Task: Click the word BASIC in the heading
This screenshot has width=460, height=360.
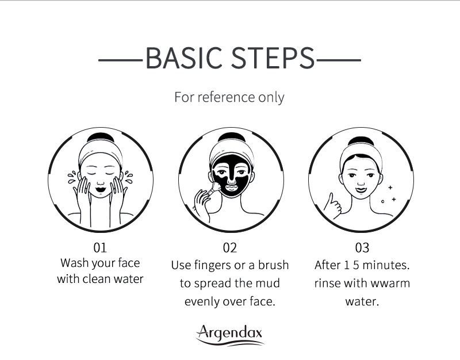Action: (183, 58)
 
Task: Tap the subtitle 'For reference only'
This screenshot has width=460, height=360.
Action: (229, 97)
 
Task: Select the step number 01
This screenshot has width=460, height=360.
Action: (100, 248)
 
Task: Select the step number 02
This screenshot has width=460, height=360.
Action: (229, 248)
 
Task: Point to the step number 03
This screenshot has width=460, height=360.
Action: (362, 248)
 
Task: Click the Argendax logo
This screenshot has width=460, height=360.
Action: (229, 335)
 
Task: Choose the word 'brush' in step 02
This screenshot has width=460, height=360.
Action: (273, 265)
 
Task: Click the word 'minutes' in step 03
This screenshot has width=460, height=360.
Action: (385, 265)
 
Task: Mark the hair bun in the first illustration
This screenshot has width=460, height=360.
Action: (100, 137)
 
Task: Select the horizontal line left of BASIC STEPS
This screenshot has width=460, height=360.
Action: (121, 60)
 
